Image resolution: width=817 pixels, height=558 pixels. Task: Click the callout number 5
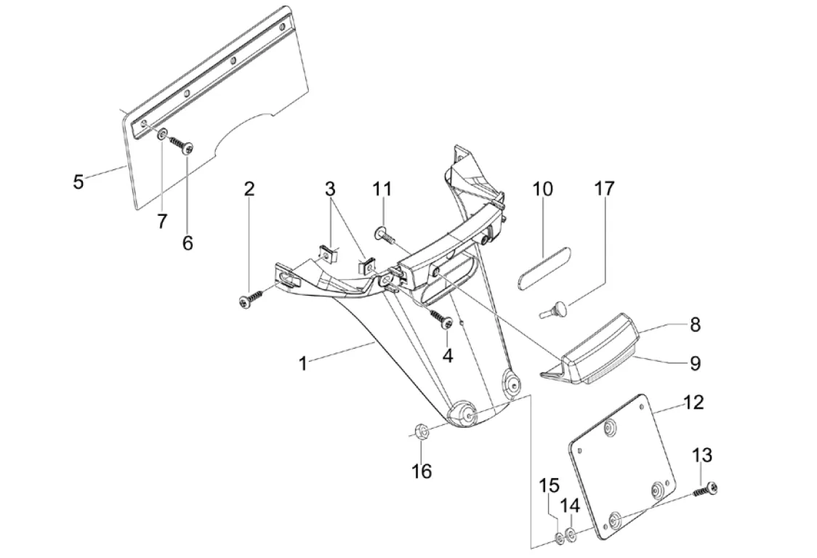click(x=79, y=181)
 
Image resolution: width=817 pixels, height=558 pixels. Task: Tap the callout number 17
click(x=604, y=189)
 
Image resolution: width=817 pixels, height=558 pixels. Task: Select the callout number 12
click(x=694, y=402)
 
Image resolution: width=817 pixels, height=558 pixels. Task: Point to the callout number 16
click(x=422, y=472)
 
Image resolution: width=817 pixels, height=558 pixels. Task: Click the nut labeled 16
click(x=421, y=434)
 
